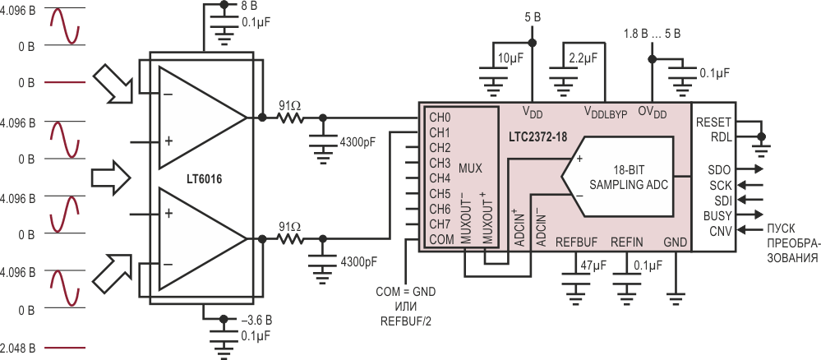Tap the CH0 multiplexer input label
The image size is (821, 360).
[440, 115]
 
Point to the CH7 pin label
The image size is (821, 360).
[440, 224]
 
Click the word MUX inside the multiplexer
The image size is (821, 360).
[470, 168]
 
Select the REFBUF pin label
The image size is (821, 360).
[576, 242]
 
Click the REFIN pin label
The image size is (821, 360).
[627, 242]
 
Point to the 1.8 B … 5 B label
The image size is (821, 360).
[652, 34]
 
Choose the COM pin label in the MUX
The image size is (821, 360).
[440, 240]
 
